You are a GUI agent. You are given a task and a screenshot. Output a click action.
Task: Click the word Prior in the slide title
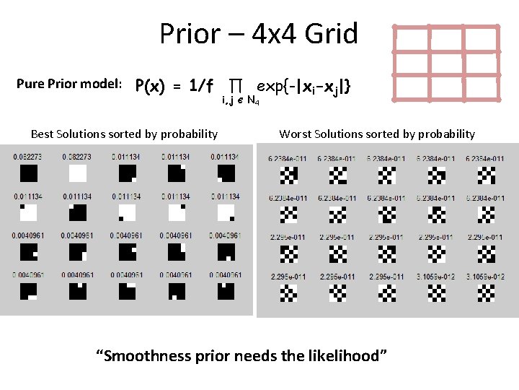pos(189,34)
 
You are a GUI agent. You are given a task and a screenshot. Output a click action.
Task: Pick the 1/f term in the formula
pos(195,87)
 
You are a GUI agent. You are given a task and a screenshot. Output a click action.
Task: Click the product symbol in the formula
pos(234,86)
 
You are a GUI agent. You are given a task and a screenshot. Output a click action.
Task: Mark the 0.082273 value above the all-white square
pos(76,157)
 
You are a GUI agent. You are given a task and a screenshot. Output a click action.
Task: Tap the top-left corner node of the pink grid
pos(394,28)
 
